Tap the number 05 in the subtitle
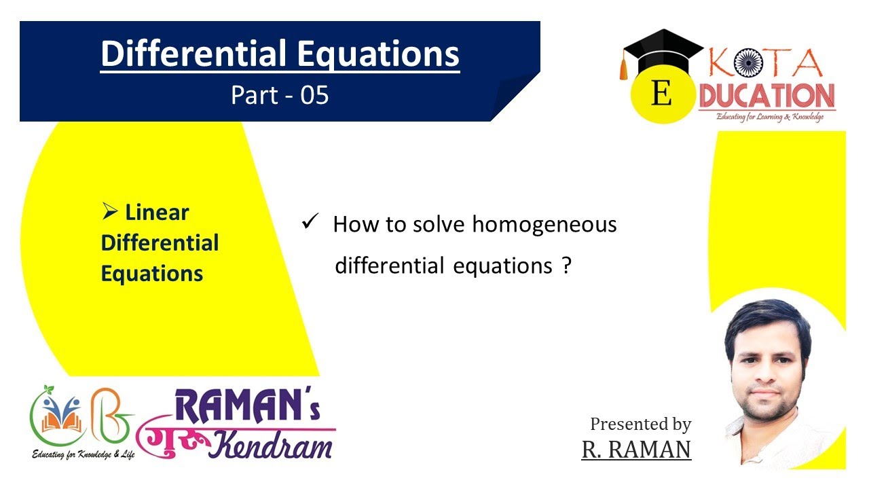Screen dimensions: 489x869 pos(315,96)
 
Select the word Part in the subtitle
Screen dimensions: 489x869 pos(255,96)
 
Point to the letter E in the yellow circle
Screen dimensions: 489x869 pos(661,94)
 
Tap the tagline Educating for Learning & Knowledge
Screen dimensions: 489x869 pos(771,117)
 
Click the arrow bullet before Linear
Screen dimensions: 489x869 pos(110,213)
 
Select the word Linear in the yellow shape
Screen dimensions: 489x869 pos(157,213)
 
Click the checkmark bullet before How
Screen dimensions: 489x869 pos(310,223)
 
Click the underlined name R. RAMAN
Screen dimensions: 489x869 pos(636,449)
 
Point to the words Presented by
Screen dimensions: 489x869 pos(640,424)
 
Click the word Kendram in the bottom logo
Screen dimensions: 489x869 pos(272,444)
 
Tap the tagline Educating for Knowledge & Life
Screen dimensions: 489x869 pos(84,453)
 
